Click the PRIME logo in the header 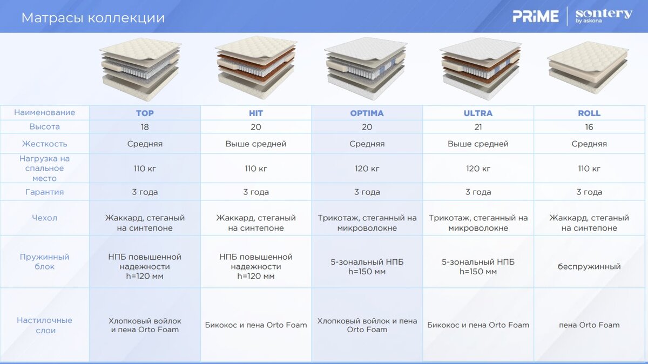point(536,16)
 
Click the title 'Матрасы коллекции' point(93,18)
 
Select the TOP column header point(145,113)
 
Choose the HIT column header point(256,113)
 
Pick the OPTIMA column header point(367,113)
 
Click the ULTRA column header point(478,113)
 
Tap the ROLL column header point(589,113)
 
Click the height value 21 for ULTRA point(478,127)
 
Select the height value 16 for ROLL point(589,127)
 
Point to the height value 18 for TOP point(145,127)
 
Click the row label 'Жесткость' point(44,144)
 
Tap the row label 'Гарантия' point(44,192)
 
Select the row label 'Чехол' point(44,218)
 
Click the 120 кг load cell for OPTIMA point(367,168)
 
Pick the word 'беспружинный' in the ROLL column point(589,266)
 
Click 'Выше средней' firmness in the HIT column point(256,144)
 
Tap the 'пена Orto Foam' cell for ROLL point(589,325)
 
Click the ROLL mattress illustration point(588,68)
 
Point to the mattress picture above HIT point(256,68)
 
